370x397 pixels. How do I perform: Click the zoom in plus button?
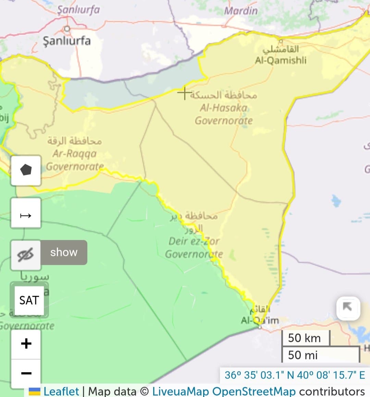26,344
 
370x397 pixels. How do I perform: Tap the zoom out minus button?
26,373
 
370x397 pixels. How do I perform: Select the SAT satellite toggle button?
29,300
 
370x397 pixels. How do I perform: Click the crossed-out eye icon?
26,255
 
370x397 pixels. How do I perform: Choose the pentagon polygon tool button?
26,170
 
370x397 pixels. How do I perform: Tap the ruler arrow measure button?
26,215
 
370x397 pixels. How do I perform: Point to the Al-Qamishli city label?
281,60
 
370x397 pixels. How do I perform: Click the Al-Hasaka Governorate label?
224,114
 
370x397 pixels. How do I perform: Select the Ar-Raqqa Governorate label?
74,160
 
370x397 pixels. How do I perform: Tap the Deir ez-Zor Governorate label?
194,247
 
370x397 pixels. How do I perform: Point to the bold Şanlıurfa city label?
67,41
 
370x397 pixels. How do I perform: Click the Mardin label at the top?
241,11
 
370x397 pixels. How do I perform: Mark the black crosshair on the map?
184,92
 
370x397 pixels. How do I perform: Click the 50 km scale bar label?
304,338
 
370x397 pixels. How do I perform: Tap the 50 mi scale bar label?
303,355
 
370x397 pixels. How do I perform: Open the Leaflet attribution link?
61,391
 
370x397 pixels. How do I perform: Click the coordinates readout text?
295,375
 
